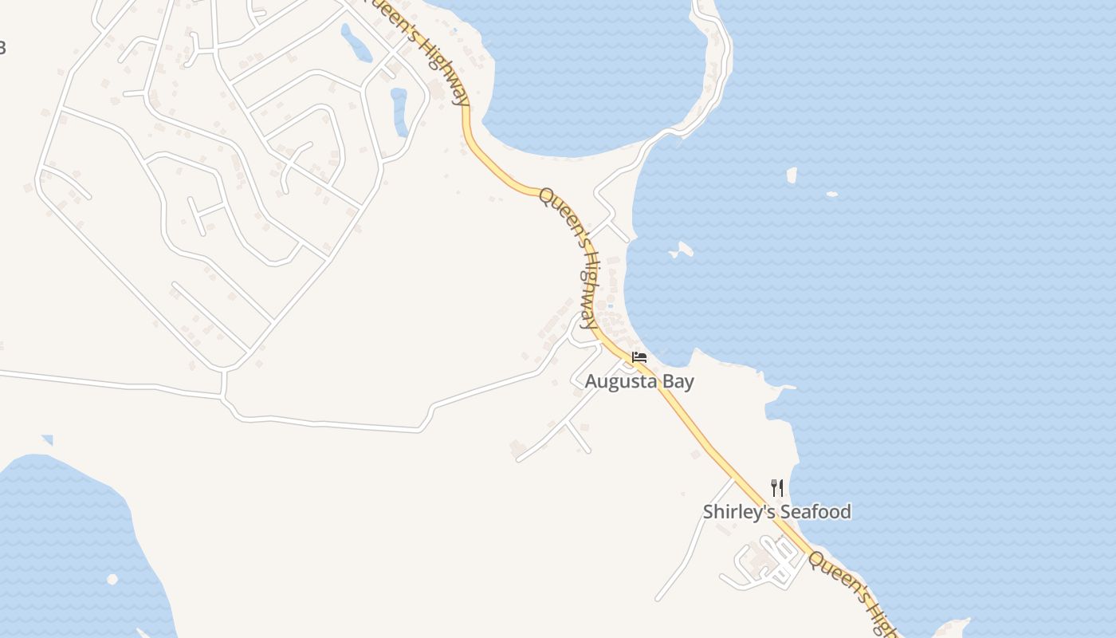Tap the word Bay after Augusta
[x=676, y=381]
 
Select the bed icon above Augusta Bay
[x=639, y=356]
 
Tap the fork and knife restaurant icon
[x=777, y=487]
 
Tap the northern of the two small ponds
[x=356, y=44]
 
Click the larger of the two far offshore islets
[x=792, y=175]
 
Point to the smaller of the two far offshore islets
[x=831, y=194]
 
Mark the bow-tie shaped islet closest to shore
[x=681, y=250]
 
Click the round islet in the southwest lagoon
[x=112, y=579]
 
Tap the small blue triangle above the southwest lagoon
[x=48, y=439]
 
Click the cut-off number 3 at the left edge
[x=2, y=48]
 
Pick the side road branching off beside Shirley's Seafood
[x=694, y=542]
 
